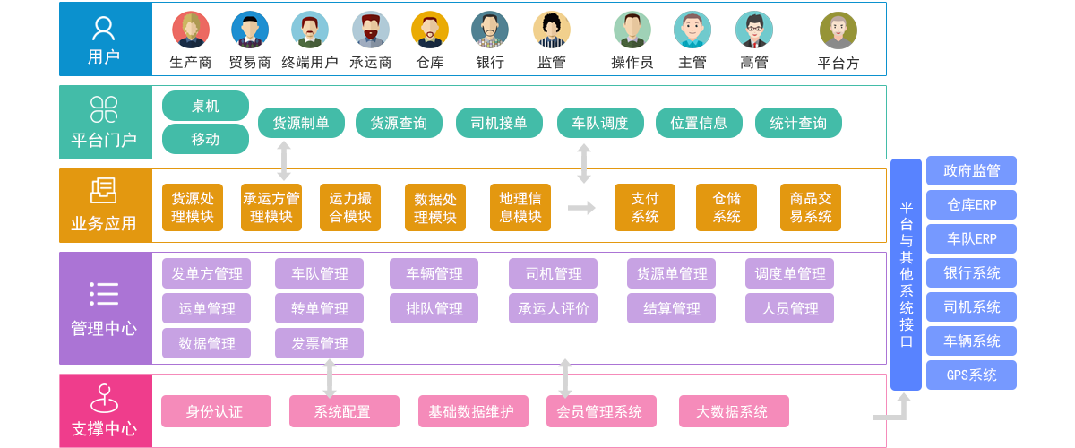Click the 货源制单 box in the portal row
301,124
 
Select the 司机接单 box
499,124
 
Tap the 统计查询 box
797,124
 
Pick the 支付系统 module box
644,207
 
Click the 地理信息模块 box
520,207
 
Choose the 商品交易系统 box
810,207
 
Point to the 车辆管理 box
434,274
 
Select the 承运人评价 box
554,308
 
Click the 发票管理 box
319,343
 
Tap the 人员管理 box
790,308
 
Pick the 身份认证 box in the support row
215,412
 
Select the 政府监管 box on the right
972,170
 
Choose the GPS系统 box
972,375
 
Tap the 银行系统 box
972,272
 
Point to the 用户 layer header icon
104,29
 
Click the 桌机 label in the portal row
204,106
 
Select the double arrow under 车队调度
584,163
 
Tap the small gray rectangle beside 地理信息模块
582,207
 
